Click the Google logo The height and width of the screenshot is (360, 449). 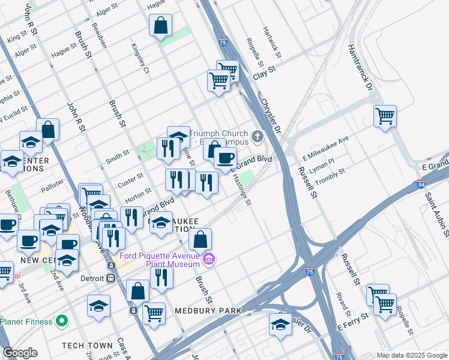tap(20, 353)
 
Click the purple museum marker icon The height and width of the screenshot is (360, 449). tap(209, 259)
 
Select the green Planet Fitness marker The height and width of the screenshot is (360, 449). tap(61, 322)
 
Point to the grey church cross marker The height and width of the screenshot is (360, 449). tap(258, 136)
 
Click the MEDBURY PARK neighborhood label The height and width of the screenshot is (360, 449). tap(208, 311)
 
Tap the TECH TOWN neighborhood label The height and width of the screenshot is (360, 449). tap(87, 346)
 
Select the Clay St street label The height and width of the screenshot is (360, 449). tap(264, 75)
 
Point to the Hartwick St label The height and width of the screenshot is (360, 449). tap(272, 41)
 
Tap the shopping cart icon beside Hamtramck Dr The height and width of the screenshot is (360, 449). tap(385, 116)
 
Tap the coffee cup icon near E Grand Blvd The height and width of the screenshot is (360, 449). tap(225, 158)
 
